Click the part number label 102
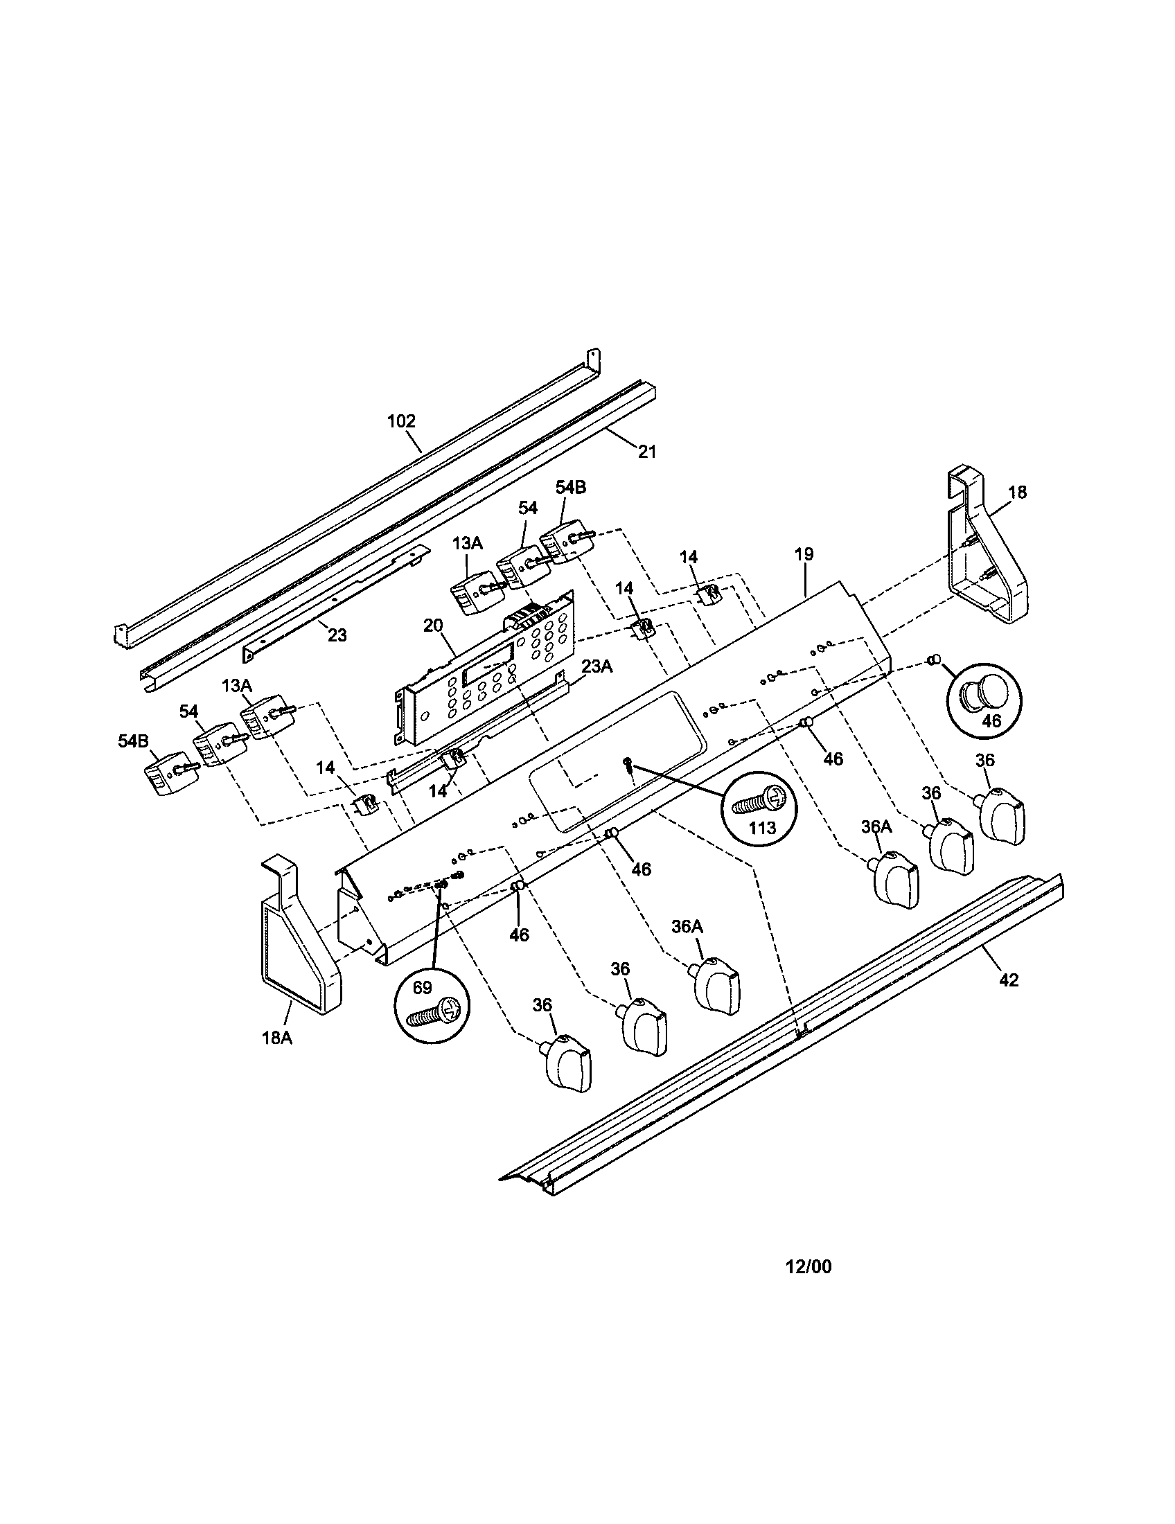[401, 420]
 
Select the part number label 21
[647, 452]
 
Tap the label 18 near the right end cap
[1017, 492]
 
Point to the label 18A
[277, 1057]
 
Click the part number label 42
[1009, 980]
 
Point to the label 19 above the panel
[804, 554]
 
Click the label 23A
[597, 666]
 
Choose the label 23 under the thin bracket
[337, 635]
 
